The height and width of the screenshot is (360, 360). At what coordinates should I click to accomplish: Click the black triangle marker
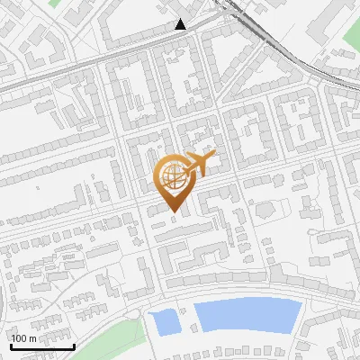pos(181,25)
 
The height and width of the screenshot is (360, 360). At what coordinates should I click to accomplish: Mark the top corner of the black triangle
pos(181,20)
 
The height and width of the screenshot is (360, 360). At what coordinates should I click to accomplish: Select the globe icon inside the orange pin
pos(174,176)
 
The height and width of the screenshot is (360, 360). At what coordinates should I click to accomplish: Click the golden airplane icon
pos(197,165)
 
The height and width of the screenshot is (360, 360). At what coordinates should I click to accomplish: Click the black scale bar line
pos(42,346)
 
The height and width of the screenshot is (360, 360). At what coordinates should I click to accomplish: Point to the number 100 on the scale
pos(20,338)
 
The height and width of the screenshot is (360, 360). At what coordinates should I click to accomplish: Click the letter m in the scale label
pos(32,338)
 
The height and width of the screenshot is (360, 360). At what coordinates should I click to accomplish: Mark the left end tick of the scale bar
pos(11,345)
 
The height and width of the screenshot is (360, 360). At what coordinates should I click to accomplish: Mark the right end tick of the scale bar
pos(74,345)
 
